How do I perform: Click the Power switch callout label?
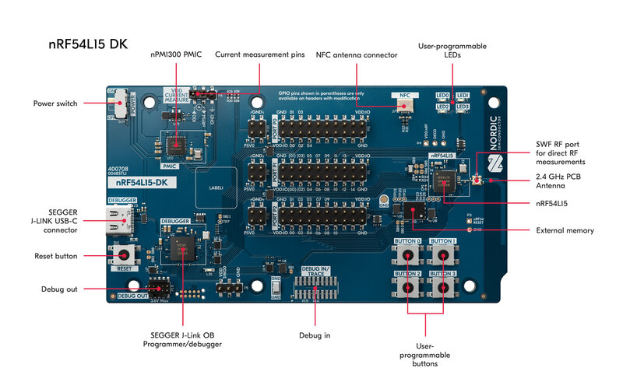pos(55,103)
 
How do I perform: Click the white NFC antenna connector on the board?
pos(403,105)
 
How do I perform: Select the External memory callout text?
pos(565,230)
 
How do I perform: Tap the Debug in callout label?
pos(315,335)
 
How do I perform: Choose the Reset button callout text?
pos(55,256)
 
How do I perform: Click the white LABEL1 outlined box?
pos(215,187)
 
